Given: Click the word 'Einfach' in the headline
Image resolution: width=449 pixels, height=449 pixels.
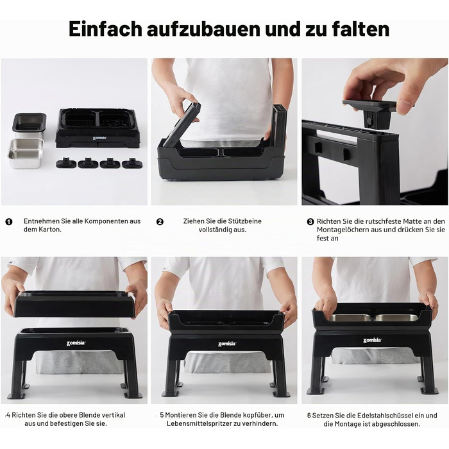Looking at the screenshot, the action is tap(105, 29).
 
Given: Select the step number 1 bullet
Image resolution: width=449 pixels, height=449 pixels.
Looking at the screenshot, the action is tap(9, 222).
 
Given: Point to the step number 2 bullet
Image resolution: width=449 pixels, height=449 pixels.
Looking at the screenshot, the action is tap(160, 222).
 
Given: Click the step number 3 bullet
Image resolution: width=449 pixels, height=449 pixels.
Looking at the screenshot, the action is tap(310, 222).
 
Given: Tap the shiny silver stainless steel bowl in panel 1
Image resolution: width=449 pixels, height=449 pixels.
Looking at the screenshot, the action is tap(26, 153).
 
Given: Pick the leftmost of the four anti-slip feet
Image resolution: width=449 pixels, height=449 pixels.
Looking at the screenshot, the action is tap(66, 163).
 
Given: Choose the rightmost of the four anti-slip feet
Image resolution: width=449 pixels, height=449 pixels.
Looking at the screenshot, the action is tap(131, 163).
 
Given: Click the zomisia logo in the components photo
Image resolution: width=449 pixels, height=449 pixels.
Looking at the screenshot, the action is tap(99, 138).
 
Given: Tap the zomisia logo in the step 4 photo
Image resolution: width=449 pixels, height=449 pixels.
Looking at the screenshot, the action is tap(76, 343).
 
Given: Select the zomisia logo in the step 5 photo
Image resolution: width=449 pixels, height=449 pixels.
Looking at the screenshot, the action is tap(226, 344).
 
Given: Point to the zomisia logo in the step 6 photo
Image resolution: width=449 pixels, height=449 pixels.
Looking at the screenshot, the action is tap(372, 341).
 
